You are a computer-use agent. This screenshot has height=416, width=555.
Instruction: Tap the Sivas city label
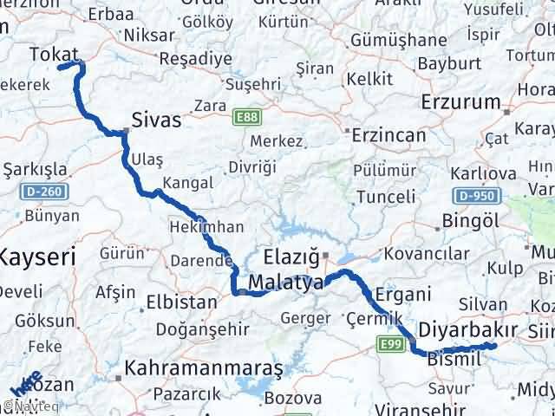(157, 120)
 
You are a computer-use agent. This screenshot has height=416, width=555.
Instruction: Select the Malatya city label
(285, 283)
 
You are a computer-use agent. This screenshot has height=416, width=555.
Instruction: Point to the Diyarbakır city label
(467, 329)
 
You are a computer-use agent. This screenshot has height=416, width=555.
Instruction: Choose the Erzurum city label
(460, 102)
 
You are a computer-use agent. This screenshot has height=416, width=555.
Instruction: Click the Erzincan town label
(388, 135)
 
